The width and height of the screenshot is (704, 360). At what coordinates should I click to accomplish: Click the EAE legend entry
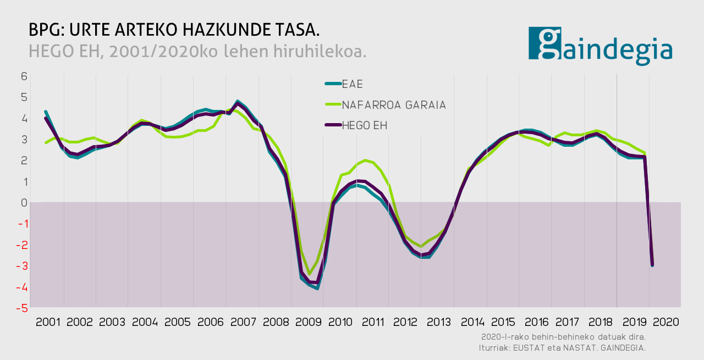[x=353, y=84]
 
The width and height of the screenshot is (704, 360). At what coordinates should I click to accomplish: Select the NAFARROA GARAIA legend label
[x=393, y=104]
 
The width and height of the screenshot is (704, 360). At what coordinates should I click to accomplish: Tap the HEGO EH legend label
[x=364, y=125]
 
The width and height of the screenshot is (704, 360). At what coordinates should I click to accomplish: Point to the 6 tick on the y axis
[x=24, y=76]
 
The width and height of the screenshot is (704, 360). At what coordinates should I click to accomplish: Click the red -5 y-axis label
[x=23, y=308]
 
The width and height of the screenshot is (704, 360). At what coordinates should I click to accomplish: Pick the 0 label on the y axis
[x=24, y=203]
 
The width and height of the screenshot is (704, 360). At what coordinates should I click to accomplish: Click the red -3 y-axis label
[x=23, y=266]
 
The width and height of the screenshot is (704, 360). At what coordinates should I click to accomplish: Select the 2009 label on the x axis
[x=309, y=322]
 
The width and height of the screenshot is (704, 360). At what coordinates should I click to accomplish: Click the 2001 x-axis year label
[x=48, y=322]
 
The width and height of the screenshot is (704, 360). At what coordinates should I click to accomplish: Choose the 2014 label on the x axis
[x=472, y=322]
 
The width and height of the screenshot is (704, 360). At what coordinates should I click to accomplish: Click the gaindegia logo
[x=600, y=46]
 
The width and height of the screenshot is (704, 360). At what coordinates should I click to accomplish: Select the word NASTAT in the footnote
[x=572, y=347]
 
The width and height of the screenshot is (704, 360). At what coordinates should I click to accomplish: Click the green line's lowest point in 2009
[x=309, y=274]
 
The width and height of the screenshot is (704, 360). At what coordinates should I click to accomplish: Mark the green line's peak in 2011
[x=365, y=160]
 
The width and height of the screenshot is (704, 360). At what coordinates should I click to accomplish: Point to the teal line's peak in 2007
[x=238, y=101]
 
